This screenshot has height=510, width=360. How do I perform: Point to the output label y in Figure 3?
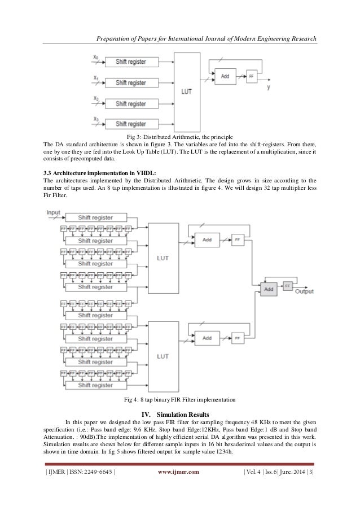268,88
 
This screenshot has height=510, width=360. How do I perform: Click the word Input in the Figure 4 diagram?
54,212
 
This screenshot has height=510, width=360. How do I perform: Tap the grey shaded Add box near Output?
269,288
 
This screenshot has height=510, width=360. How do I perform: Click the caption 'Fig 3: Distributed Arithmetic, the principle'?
179,137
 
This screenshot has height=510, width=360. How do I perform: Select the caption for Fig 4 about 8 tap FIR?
179,400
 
